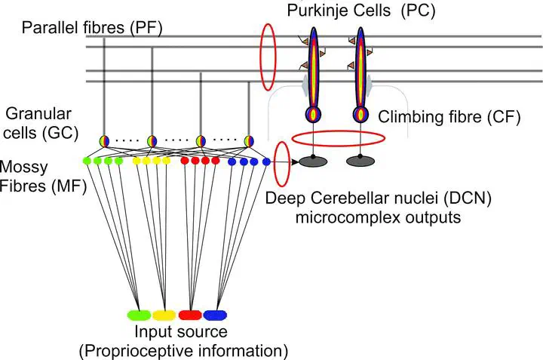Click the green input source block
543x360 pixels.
[139, 315]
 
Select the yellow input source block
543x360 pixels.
[164, 315]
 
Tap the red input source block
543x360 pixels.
[190, 315]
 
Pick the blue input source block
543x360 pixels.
[215, 315]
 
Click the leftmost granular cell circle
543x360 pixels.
[104, 141]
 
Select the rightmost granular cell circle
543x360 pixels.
[249, 141]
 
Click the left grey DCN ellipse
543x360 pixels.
[313, 162]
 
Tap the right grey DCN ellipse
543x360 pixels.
[360, 162]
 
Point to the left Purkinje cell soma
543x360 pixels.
[313, 115]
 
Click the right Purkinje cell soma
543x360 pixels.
[360, 115]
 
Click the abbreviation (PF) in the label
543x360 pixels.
[146, 28]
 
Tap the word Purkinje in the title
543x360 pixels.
[314, 11]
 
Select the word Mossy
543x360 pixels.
[23, 168]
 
